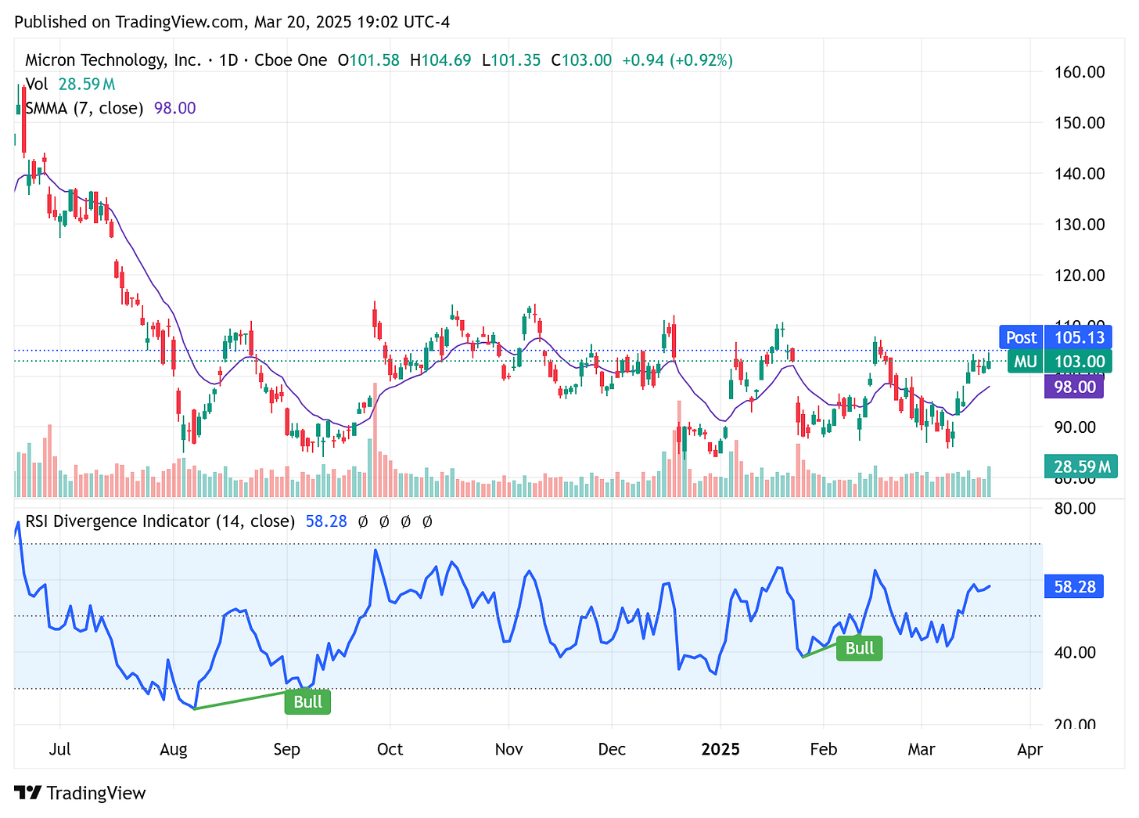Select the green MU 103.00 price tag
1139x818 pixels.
pos(1055,362)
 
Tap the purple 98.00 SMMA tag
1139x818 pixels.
pos(1073,387)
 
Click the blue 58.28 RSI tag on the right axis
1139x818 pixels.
pos(1074,586)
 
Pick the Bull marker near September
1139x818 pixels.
pos(307,701)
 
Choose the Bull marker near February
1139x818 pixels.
pos(860,648)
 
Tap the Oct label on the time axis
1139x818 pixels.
pos(390,749)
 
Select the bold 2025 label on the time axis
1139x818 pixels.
pos(720,749)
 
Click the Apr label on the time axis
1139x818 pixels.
pos(1029,749)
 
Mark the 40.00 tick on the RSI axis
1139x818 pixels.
pos(1075,652)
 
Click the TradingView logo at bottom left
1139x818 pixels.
pos(81,793)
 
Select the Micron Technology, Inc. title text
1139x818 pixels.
pos(113,60)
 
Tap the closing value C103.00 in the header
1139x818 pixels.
pos(581,60)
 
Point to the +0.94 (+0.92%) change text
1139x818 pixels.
pos(677,60)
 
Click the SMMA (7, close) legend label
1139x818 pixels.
pos(84,108)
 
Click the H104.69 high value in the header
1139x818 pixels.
pos(440,60)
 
